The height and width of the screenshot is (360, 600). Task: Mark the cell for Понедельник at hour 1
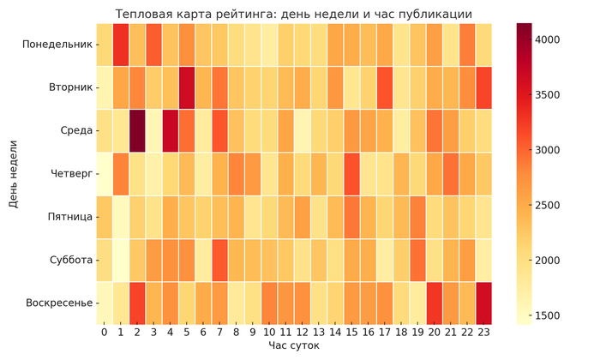[121, 45]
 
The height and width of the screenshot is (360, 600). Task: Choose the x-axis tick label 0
[104, 331]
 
